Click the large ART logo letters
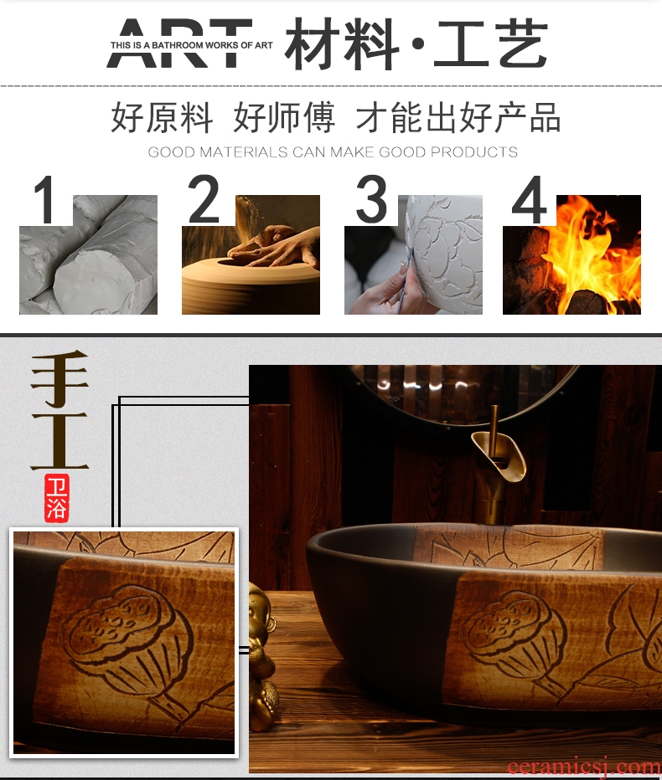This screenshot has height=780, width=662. coord(179,44)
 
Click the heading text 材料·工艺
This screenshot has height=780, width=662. coord(416,44)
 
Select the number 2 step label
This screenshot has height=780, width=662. coord(204,199)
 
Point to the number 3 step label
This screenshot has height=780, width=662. coord(371,199)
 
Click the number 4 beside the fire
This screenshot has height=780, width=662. coord(530,199)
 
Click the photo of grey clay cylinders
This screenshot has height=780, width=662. coord(88,254)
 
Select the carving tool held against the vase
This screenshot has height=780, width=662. coord(405,279)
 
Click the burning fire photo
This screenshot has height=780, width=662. coord(571,254)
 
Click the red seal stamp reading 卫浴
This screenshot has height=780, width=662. coord(56,498)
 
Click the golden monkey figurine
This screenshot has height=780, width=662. coord(261,656)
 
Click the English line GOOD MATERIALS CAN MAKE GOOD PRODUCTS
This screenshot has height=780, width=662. coord(333,151)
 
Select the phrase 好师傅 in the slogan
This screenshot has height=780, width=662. coord(284,117)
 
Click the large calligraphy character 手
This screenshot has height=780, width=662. coord(59,377)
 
